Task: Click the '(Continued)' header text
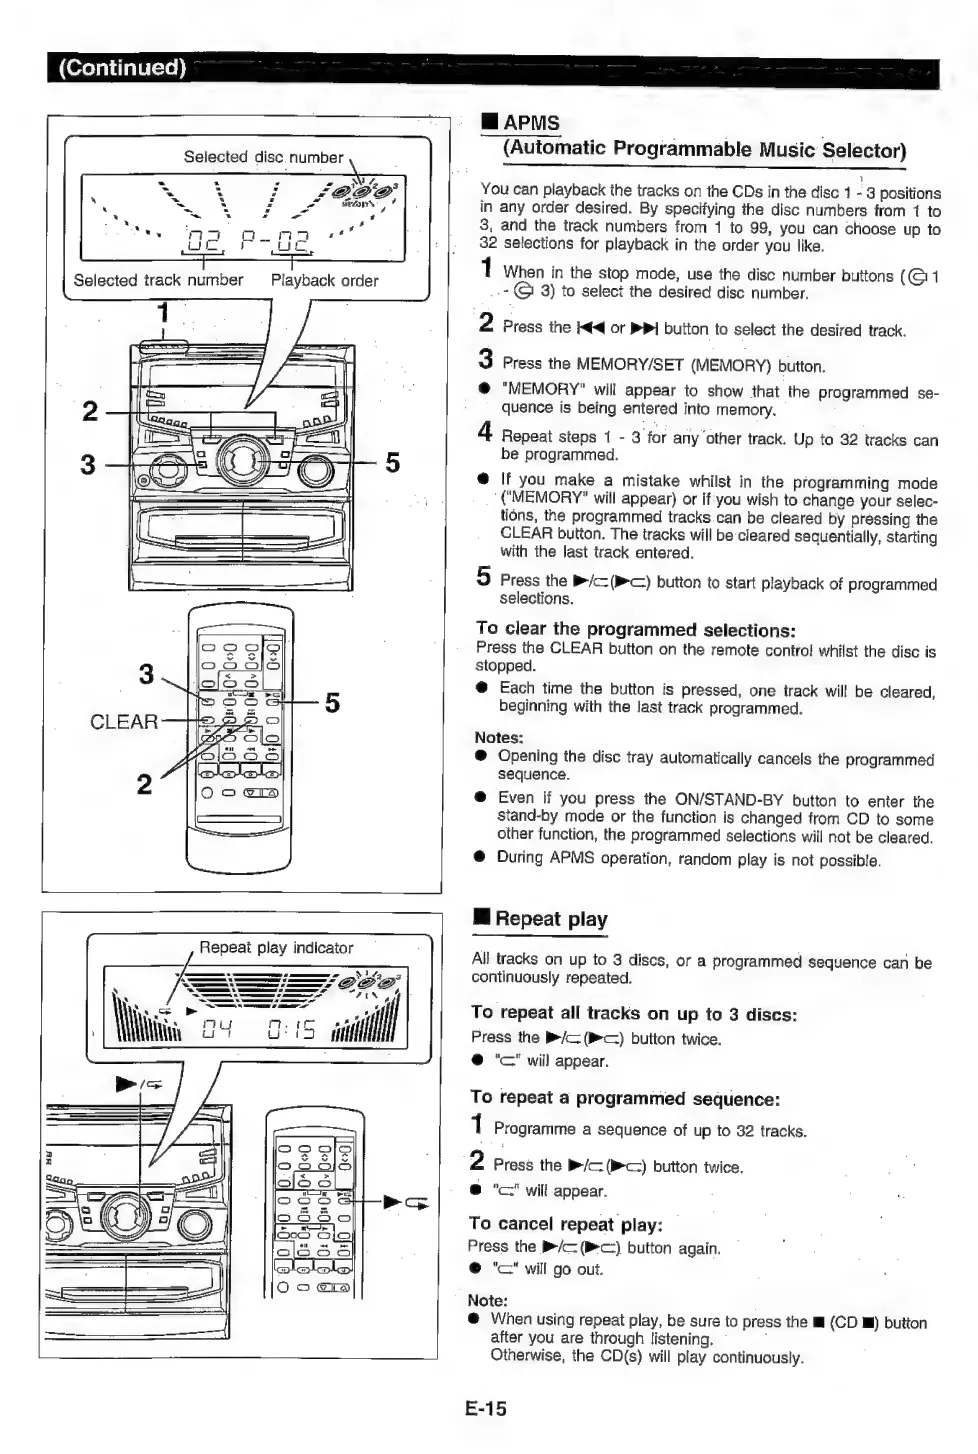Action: (x=122, y=68)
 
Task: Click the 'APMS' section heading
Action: (x=531, y=123)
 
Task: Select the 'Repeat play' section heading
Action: (x=551, y=919)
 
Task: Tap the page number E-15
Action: (x=486, y=1409)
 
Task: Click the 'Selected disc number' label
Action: (x=263, y=157)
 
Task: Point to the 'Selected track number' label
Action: (x=158, y=281)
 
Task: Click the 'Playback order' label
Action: (x=324, y=281)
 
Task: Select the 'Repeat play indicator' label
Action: (x=276, y=948)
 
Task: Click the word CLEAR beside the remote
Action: (x=124, y=722)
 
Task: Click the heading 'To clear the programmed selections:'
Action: (x=636, y=630)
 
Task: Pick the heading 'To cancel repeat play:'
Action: (x=566, y=1225)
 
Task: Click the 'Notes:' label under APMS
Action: (x=499, y=738)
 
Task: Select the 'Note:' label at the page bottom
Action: (x=488, y=1301)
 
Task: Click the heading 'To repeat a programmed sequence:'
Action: (x=625, y=1099)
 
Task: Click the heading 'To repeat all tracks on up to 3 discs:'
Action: (x=634, y=1014)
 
